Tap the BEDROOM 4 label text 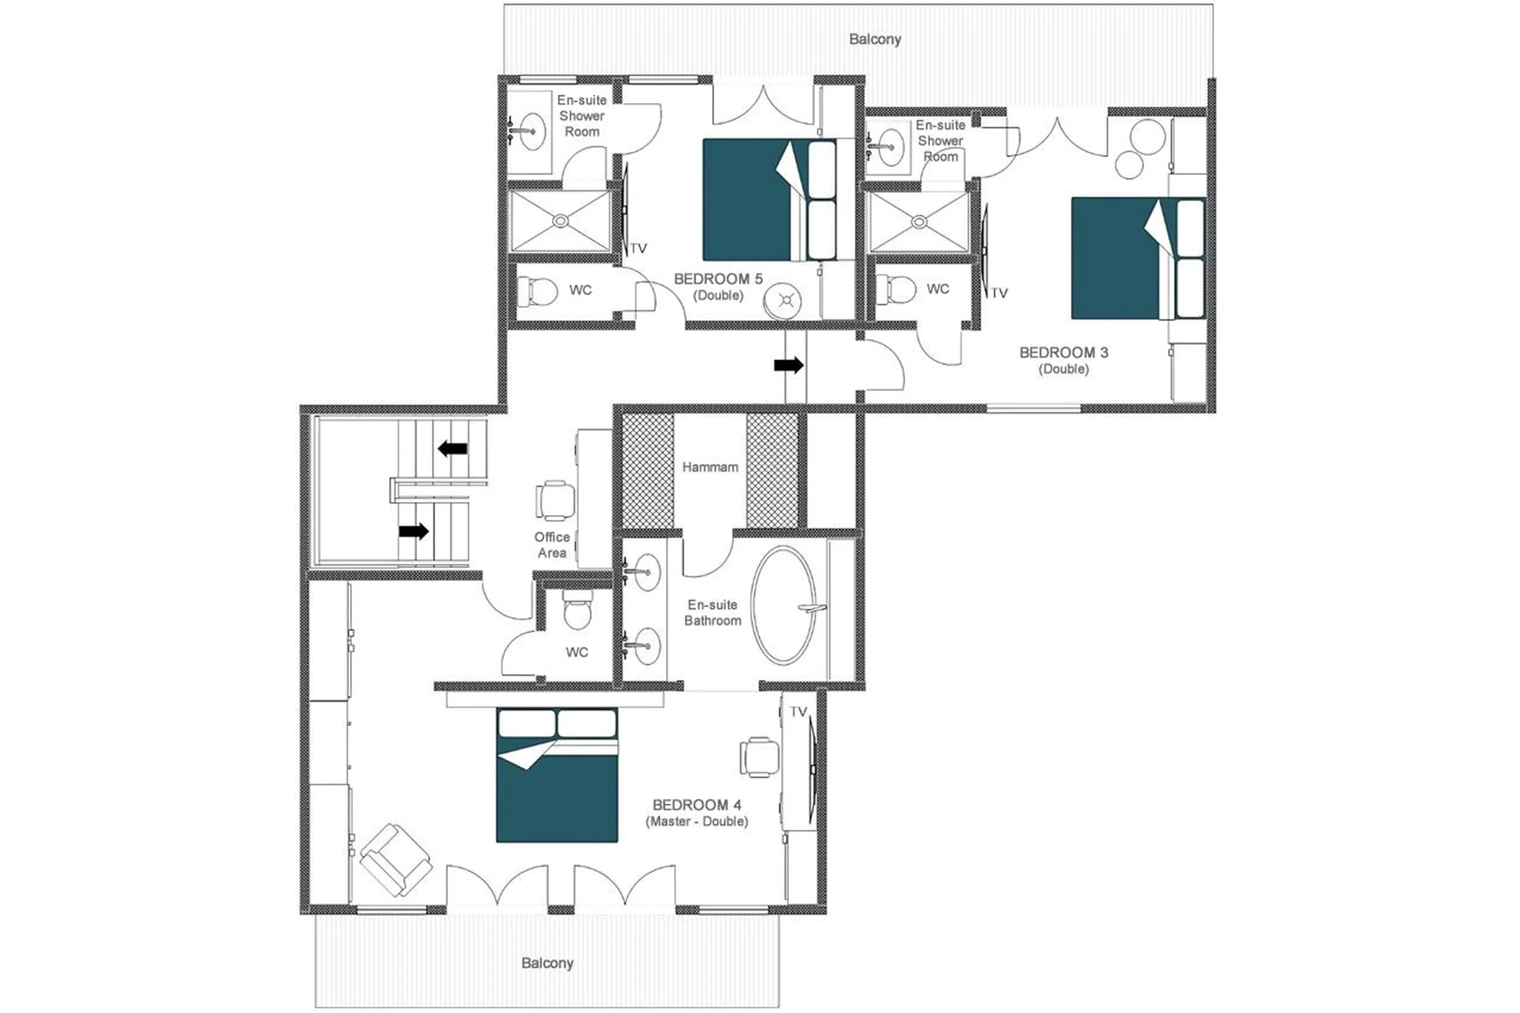696,805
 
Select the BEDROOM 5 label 718,279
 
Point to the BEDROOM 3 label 1063,353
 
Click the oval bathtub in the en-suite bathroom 783,605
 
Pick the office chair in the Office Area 555,500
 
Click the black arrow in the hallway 788,366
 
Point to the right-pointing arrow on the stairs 413,532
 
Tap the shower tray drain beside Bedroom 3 919,222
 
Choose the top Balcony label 875,40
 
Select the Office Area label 552,545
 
